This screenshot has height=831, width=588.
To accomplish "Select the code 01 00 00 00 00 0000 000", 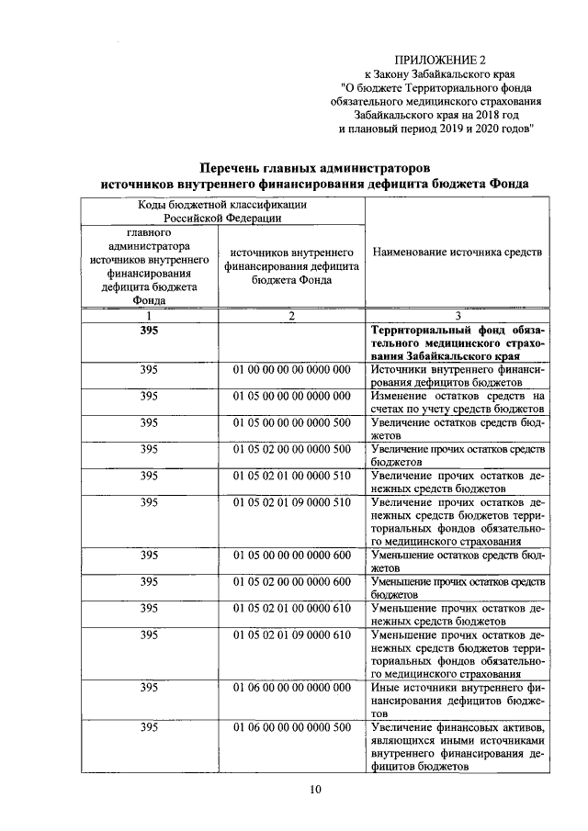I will tap(292, 369).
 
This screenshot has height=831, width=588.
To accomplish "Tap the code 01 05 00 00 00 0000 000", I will tap(292, 396).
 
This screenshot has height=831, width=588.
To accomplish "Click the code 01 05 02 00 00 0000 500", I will tap(292, 449).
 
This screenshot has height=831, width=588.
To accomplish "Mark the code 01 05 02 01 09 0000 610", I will tap(292, 634).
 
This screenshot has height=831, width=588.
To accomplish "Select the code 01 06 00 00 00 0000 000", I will tap(292, 687).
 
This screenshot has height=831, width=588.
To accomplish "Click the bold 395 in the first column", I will tap(148, 330).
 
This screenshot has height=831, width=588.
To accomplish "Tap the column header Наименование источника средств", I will tap(457, 252).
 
